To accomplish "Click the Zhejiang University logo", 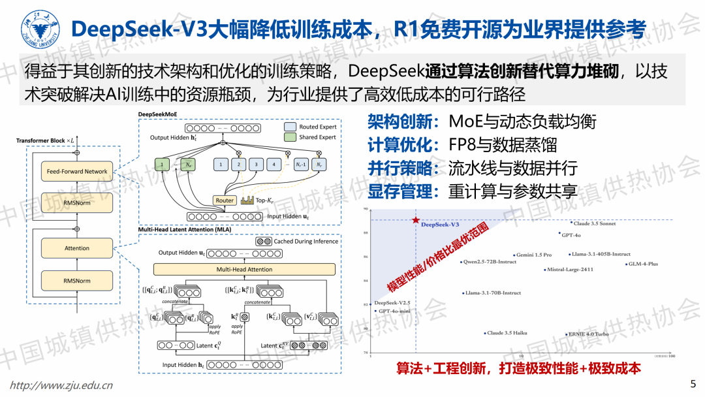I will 34,28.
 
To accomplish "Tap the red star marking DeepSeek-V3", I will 415,221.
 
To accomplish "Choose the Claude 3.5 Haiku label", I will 507,333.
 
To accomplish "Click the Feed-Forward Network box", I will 77,171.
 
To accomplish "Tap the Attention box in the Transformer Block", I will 77,248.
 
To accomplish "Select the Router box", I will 225,200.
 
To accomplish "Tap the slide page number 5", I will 693,383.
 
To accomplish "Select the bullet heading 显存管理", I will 400,192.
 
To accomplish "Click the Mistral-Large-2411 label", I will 570,269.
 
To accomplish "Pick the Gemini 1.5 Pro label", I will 533,255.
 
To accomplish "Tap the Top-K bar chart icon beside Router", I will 247,200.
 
